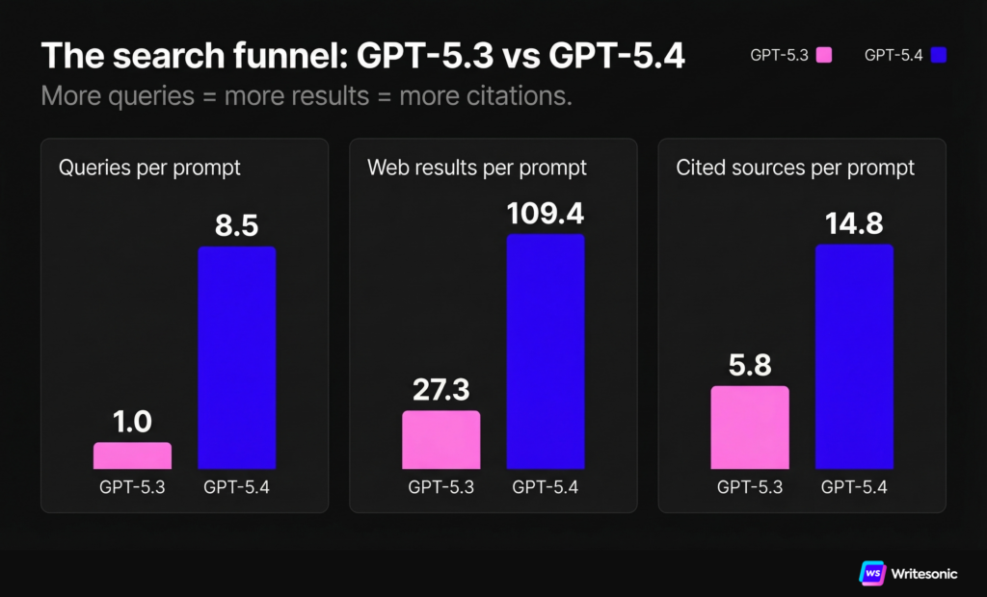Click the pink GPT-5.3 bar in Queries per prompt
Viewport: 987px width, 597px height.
[132, 455]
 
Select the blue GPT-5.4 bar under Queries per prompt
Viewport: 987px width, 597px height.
[237, 357]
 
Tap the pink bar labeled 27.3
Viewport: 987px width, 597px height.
[440, 439]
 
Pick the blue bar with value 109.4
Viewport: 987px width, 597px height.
[546, 351]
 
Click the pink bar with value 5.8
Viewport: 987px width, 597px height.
[750, 427]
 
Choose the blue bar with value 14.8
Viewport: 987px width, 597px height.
[854, 356]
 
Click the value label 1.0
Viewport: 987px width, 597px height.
[132, 422]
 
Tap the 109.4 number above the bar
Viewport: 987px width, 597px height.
[546, 213]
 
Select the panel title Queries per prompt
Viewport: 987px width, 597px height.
[149, 168]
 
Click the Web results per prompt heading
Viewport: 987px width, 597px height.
[477, 168]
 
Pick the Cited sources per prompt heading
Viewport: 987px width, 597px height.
[795, 168]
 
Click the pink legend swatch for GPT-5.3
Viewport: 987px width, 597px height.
[824, 56]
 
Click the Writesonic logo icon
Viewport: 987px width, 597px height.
[872, 572]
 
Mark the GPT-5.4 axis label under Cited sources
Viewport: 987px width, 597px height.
[854, 486]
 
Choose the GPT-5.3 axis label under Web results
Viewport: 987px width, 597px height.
[440, 486]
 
